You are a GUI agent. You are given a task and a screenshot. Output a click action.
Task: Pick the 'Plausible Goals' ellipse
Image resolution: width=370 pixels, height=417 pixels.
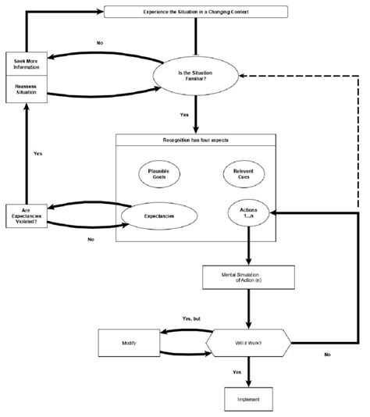tap(158, 174)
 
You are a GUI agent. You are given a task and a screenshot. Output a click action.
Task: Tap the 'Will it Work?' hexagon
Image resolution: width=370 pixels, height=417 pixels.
tap(248, 342)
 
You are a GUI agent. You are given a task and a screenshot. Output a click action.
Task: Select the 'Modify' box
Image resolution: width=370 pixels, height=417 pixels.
tap(130, 343)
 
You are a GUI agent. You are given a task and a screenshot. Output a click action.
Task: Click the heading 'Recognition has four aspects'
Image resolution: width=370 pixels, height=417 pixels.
tap(196, 141)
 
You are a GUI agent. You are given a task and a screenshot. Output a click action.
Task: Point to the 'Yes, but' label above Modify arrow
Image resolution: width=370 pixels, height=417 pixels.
tap(192, 319)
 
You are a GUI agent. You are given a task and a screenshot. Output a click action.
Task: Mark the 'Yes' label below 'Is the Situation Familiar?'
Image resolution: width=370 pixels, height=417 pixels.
tap(184, 115)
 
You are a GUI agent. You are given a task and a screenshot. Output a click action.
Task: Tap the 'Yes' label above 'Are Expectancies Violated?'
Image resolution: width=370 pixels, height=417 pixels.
tap(37, 153)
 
